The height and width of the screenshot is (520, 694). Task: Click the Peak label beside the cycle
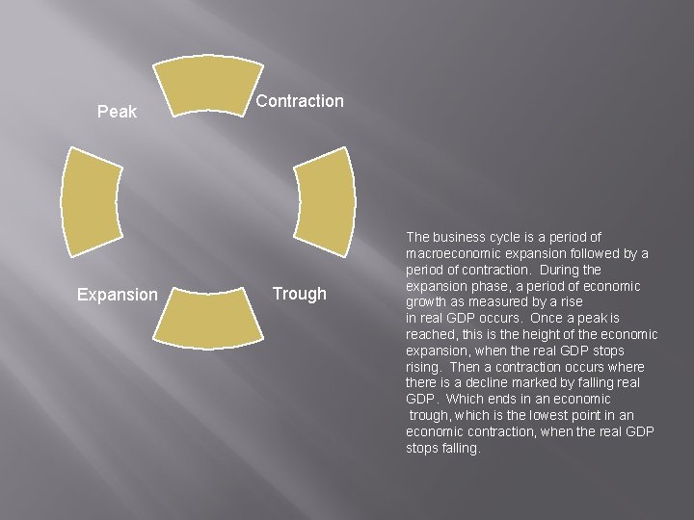pos(118,113)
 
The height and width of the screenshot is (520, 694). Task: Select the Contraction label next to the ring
pos(300,101)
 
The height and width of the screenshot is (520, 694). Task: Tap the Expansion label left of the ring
pos(118,295)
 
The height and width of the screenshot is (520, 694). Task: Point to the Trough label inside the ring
pos(299,294)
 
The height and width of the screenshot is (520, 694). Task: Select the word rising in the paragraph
pos(424,367)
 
